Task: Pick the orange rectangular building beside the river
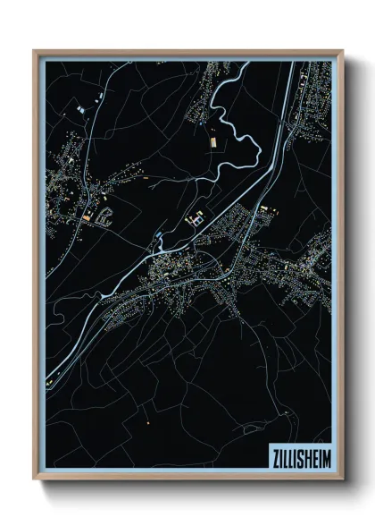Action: tap(212, 141)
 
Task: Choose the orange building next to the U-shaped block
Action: tap(87, 217)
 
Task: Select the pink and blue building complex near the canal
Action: tap(196, 217)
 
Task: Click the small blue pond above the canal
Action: tap(159, 233)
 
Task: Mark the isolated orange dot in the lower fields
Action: tap(146, 421)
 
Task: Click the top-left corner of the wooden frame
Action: tap(35, 52)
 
